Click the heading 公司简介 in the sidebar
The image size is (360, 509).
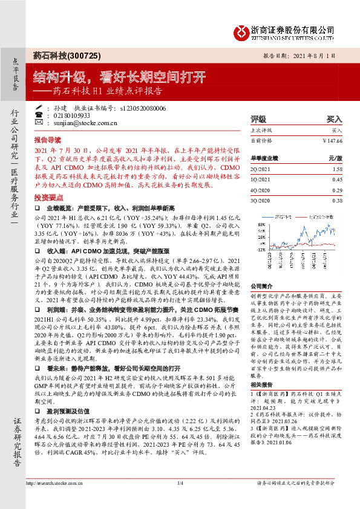click(x=262, y=285)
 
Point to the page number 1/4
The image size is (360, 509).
click(x=180, y=482)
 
